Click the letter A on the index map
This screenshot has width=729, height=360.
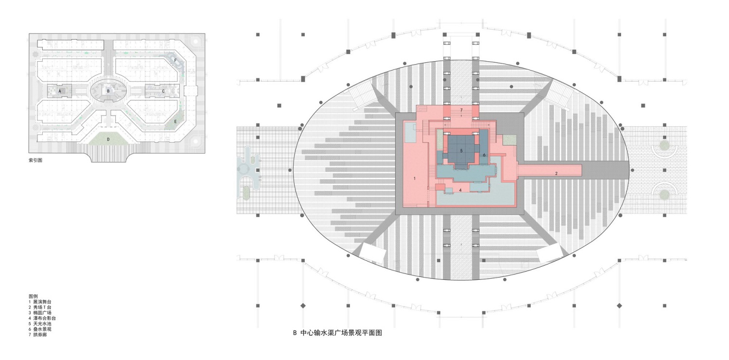[60, 91]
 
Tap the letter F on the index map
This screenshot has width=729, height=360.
[175, 60]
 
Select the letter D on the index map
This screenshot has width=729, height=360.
[108, 139]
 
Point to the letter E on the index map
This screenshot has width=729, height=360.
[175, 121]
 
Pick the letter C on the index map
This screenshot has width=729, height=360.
[163, 91]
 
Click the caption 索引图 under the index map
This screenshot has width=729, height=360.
[35, 160]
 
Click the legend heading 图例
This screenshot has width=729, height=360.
[33, 296]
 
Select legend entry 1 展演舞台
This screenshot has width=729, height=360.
[40, 302]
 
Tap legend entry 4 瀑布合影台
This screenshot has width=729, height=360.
[42, 318]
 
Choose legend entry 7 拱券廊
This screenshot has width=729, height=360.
[38, 334]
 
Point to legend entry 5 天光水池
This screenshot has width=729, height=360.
[40, 324]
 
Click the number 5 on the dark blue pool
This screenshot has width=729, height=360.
[461, 151]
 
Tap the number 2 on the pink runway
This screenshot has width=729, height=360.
[556, 173]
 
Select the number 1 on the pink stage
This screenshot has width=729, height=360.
[414, 178]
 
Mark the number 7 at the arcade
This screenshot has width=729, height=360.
[461, 110]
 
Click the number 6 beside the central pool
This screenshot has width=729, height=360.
[484, 155]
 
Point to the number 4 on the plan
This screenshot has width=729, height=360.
[460, 190]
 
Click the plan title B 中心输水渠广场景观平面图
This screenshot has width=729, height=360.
[337, 333]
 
